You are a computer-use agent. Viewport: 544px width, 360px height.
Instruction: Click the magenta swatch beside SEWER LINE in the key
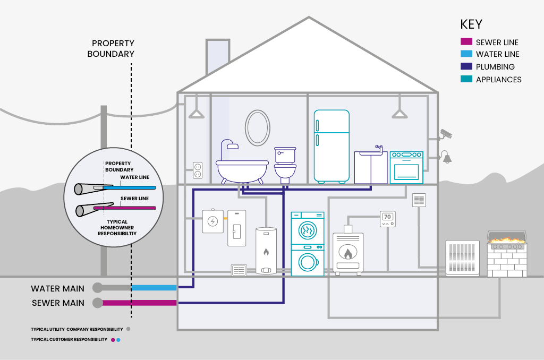pos(466,42)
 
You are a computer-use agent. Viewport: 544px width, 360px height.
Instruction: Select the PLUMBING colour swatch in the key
pos(466,67)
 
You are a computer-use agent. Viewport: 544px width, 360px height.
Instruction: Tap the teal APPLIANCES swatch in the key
pos(466,79)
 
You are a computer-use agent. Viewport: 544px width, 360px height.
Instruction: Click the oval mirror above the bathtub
pos(257,127)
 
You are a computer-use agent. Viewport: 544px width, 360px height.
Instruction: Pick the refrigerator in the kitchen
pos(331,146)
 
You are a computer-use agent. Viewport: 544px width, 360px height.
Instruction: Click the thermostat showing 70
pos(388,219)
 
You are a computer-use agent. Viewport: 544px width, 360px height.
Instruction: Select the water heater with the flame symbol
pos(266,251)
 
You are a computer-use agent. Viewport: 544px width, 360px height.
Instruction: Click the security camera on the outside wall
pos(445,134)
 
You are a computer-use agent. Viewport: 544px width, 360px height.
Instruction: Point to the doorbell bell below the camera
pos(446,157)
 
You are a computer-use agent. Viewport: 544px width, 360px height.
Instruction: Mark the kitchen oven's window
pos(406,170)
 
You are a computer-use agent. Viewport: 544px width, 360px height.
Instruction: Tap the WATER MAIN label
pos(57,288)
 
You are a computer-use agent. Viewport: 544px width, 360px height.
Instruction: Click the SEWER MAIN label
pos(57,303)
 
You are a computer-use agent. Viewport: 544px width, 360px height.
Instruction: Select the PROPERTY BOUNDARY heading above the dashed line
pos(113,48)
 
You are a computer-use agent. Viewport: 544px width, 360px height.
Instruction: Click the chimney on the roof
pos(218,56)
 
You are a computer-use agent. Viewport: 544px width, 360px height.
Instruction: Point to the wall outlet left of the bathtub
pos(198,170)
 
